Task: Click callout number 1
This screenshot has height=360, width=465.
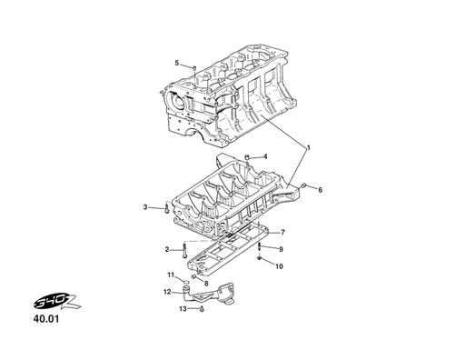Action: [x=308, y=147]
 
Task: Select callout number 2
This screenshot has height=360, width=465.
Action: [x=167, y=249]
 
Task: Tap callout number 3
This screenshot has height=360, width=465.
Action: [x=145, y=207]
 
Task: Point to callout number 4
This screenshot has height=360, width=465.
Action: [x=265, y=156]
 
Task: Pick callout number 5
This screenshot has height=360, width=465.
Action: [x=177, y=63]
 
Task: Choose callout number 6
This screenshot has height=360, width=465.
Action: [x=320, y=189]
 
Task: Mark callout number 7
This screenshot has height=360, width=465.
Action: [x=282, y=232]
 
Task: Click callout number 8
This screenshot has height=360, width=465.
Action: [x=206, y=284]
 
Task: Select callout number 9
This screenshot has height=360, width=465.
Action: [x=281, y=249]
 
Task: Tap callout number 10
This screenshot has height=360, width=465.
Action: [x=279, y=266]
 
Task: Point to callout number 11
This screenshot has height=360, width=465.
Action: [x=170, y=275]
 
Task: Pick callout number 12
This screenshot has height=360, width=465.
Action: [x=167, y=292]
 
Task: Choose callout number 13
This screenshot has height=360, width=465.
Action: [x=182, y=309]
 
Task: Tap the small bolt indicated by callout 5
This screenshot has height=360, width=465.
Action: [x=194, y=66]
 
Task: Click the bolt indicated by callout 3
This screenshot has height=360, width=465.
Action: [x=166, y=209]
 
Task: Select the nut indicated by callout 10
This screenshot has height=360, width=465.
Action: [x=260, y=261]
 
